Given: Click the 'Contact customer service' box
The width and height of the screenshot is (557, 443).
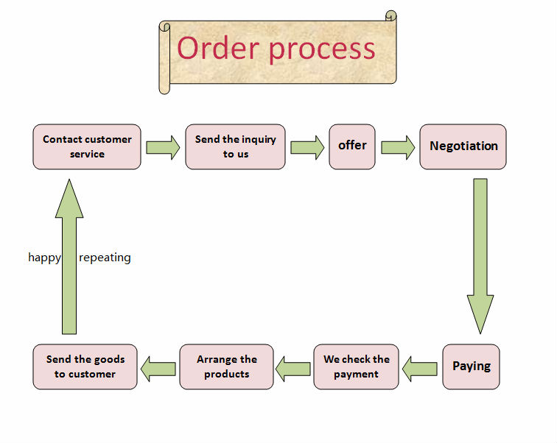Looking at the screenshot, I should (87, 146).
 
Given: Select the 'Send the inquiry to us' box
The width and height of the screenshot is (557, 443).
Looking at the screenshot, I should (235, 146).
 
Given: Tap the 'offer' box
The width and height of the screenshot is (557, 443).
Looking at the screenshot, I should (352, 146).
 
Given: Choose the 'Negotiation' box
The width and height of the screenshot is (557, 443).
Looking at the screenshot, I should (463, 146).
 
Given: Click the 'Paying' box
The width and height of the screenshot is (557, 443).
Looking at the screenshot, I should (471, 366).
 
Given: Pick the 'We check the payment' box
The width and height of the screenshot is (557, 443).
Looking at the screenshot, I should (356, 366).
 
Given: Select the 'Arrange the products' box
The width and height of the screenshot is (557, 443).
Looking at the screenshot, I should (226, 366).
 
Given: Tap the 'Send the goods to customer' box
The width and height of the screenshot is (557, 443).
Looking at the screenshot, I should (85, 366).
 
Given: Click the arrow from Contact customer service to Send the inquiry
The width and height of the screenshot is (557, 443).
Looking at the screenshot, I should (163, 147).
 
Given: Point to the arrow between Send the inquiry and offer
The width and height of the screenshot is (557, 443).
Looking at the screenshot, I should (307, 147).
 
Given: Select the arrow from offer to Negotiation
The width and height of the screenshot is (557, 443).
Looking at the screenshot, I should (398, 147).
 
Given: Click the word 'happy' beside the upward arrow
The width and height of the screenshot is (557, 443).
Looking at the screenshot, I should (44, 258).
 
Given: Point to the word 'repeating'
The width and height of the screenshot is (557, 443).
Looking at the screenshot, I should (105, 258).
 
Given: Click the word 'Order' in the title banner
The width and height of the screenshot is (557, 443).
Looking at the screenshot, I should (218, 49).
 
